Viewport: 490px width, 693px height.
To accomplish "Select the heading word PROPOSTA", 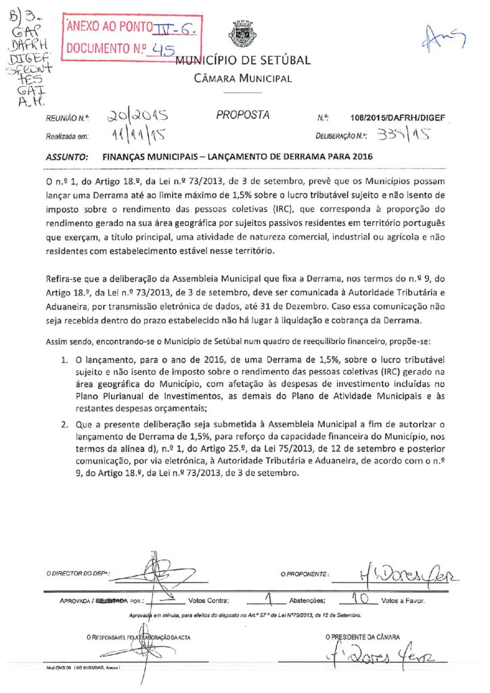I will point(243,115).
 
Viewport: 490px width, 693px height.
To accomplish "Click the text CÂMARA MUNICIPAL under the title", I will point(243,79).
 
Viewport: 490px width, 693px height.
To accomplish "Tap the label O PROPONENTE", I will point(305,575).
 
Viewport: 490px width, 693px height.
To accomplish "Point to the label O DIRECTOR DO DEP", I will point(79,575).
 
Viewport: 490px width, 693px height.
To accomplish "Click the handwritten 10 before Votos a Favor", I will point(359,598).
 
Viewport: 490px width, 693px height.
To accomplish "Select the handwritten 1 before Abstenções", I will point(269,598).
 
